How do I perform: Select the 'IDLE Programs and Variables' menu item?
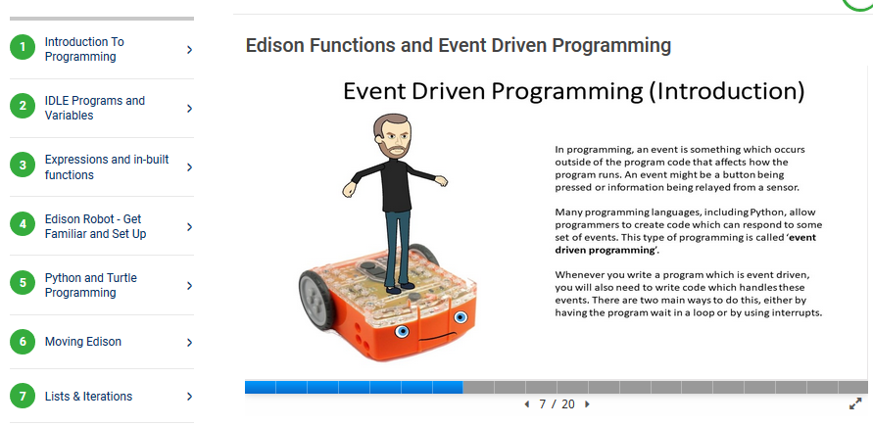pos(95,108)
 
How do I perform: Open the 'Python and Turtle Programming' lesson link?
pos(91,285)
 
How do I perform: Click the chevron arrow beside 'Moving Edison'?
pos(190,342)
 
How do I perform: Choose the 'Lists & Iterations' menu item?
pos(88,397)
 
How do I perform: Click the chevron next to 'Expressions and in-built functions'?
pos(190,166)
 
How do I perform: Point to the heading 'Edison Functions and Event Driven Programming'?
pos(459,45)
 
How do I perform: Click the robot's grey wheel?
pos(317,300)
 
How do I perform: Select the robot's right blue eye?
pos(460,317)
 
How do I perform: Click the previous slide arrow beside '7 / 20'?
pos(527,404)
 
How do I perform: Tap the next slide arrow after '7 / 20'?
pos(587,404)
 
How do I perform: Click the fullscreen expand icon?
pos(855,403)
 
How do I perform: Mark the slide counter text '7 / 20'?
pos(557,404)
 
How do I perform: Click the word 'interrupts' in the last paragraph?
pos(797,312)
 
